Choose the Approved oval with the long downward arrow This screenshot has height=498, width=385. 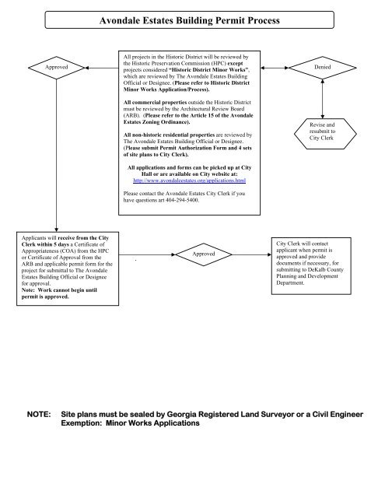tap(57, 68)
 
